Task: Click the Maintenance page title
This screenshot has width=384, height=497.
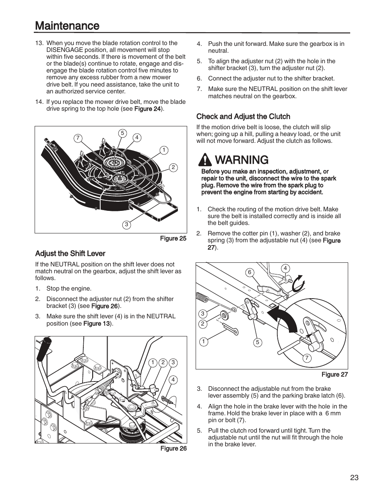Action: pos(67,26)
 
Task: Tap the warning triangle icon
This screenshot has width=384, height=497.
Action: pos(205,160)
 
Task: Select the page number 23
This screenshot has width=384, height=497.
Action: pos(354,478)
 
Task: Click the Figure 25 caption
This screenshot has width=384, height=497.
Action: pos(173,238)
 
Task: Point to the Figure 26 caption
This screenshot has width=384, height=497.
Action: pos(173,448)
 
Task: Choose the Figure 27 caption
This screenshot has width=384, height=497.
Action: pos(334,374)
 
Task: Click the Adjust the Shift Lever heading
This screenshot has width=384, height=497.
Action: pos(70,254)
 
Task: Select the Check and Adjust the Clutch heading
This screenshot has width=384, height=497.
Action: pos(243,117)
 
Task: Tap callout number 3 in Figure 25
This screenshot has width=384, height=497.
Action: pos(126,225)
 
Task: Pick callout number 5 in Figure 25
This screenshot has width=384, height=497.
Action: pos(123,133)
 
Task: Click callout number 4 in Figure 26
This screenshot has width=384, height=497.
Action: pos(173,379)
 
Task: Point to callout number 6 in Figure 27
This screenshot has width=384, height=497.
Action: pos(250,272)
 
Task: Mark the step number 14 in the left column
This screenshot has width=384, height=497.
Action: pos(39,102)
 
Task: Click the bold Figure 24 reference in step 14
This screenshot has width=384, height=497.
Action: pos(147,109)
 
